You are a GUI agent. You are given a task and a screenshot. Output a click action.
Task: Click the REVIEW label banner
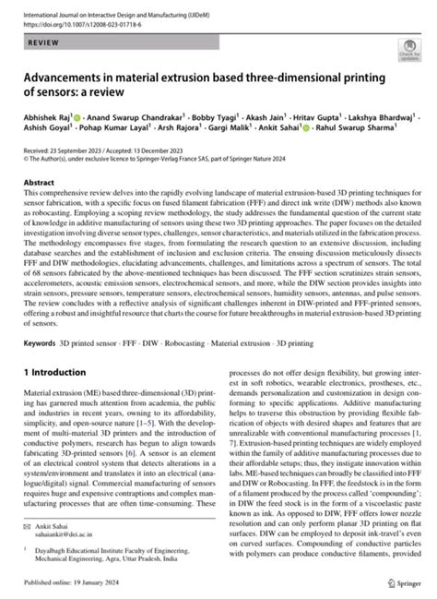46,43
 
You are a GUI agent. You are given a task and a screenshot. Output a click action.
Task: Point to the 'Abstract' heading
41,184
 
